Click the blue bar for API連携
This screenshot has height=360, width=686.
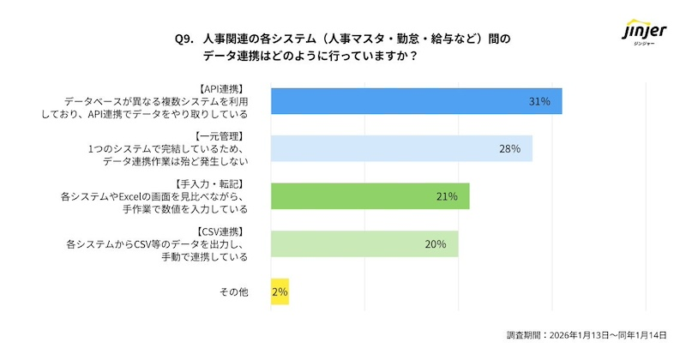(x=416, y=101)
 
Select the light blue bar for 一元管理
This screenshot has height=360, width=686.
(x=401, y=148)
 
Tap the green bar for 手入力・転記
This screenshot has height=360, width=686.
(x=370, y=196)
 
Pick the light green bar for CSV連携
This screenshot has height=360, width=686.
(x=364, y=243)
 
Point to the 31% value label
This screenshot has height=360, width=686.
(x=539, y=101)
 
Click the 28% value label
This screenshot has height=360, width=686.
(x=509, y=149)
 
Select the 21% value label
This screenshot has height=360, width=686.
(x=446, y=196)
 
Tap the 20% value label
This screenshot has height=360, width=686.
(x=435, y=244)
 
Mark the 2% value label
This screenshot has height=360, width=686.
(x=280, y=292)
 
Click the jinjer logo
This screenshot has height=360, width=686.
(x=642, y=36)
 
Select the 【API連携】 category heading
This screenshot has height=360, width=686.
(x=221, y=88)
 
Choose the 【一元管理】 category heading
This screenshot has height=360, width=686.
(x=221, y=136)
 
